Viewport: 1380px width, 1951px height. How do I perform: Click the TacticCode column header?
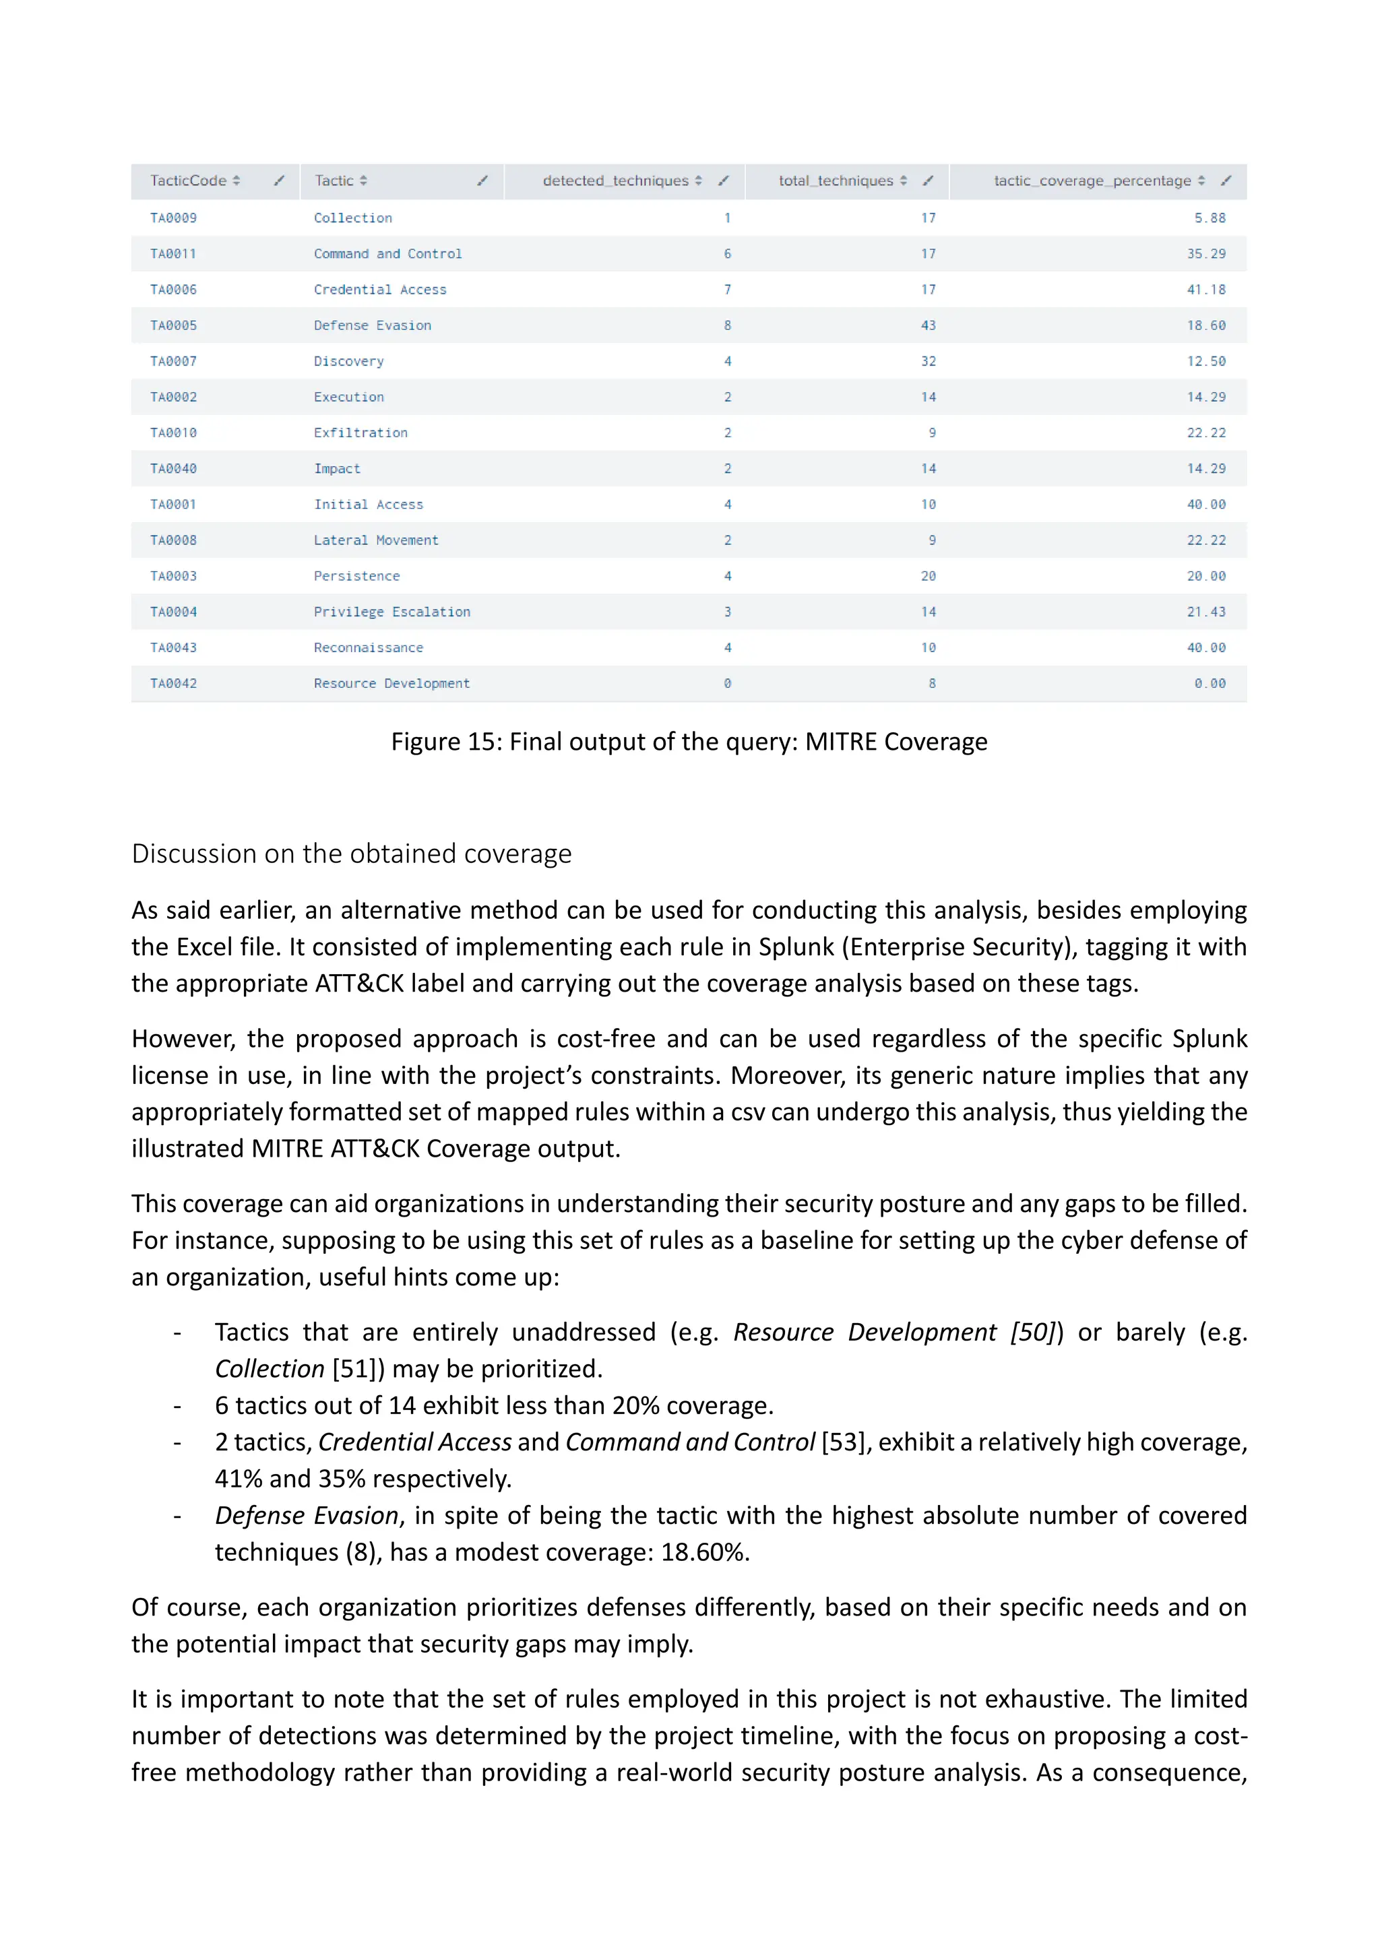click(x=189, y=180)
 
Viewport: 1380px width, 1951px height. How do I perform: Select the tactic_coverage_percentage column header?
click(x=1092, y=180)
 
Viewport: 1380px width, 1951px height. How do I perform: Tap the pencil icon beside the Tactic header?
click(x=482, y=180)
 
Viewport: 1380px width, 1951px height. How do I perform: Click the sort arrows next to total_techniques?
click(x=904, y=180)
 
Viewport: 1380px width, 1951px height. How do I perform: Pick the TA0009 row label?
click(x=173, y=218)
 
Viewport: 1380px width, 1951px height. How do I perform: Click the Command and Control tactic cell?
click(x=387, y=253)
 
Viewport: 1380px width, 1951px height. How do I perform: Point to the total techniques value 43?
click(x=928, y=325)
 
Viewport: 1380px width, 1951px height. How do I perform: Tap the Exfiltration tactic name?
click(x=360, y=433)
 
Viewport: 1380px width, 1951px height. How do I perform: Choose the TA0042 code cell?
click(x=173, y=683)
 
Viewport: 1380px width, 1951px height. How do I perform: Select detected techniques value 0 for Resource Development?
click(x=727, y=683)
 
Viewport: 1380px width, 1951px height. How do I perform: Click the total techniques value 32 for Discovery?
click(x=928, y=361)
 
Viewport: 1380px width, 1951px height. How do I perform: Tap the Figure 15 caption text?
click(x=689, y=741)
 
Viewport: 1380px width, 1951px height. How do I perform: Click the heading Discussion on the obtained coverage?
click(x=351, y=853)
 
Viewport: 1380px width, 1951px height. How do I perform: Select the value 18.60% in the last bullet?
click(x=703, y=1552)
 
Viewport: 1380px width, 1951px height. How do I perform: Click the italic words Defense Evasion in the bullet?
click(x=306, y=1515)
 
